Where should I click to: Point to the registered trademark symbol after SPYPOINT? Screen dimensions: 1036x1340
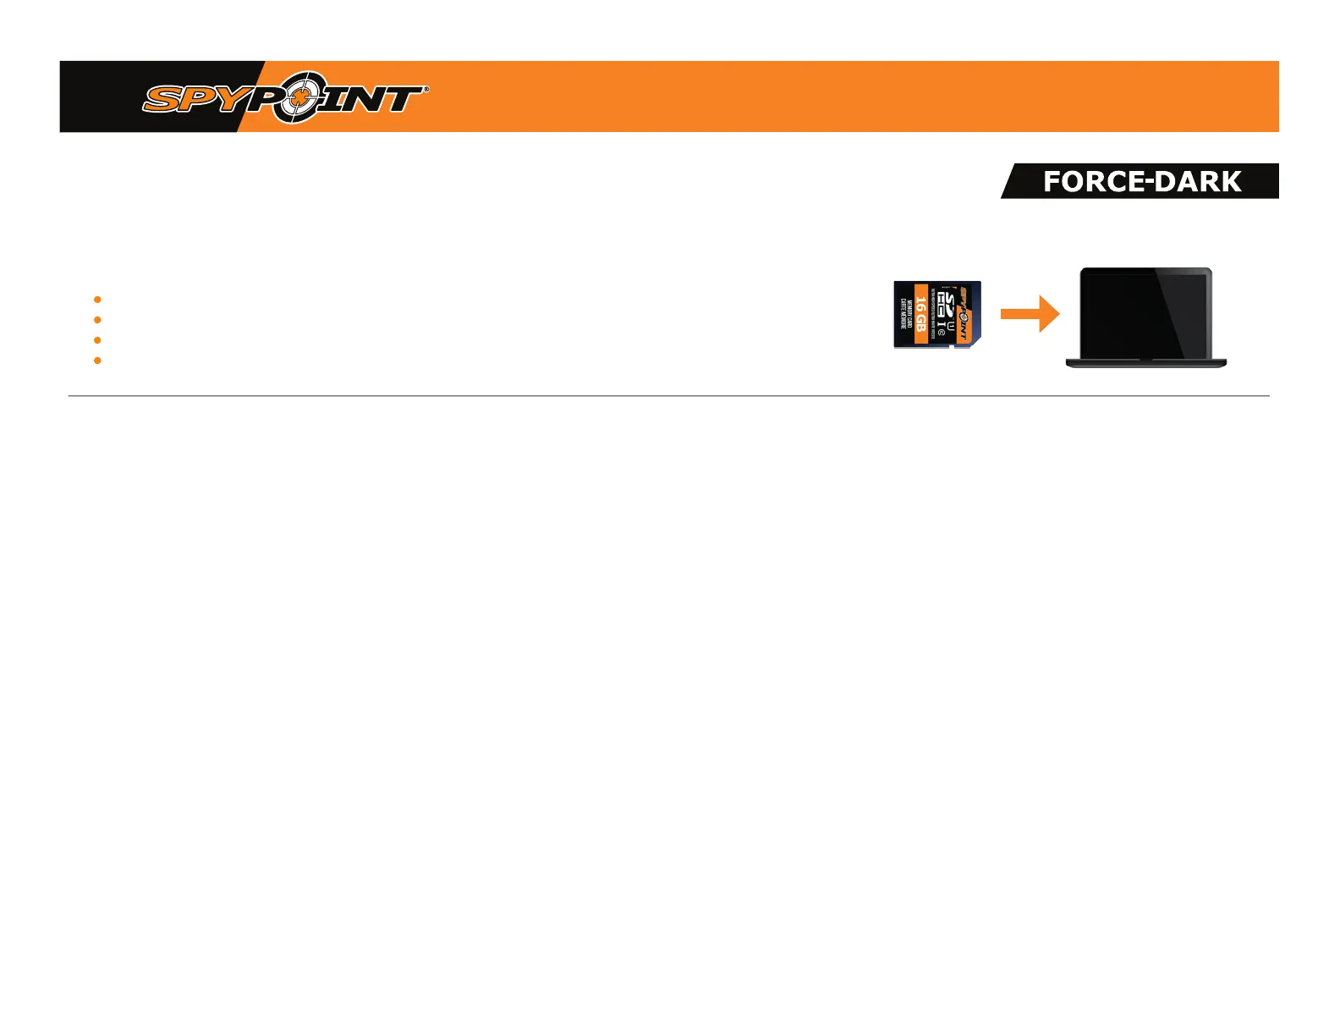point(425,88)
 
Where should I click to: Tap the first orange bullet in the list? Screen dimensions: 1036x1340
point(97,300)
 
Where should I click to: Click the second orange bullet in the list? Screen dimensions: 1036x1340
point(97,320)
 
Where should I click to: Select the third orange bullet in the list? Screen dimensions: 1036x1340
point(97,340)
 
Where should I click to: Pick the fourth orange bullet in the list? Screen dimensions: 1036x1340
point(97,361)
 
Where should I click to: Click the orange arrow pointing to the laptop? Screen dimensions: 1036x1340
point(1030,314)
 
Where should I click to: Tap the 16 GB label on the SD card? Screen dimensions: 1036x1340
point(921,314)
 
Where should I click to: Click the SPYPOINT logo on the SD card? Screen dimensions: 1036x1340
point(963,315)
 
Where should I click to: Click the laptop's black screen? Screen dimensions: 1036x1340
point(1145,314)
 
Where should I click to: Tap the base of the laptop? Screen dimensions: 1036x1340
point(1145,363)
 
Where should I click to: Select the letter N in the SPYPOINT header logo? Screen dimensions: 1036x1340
point(359,100)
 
